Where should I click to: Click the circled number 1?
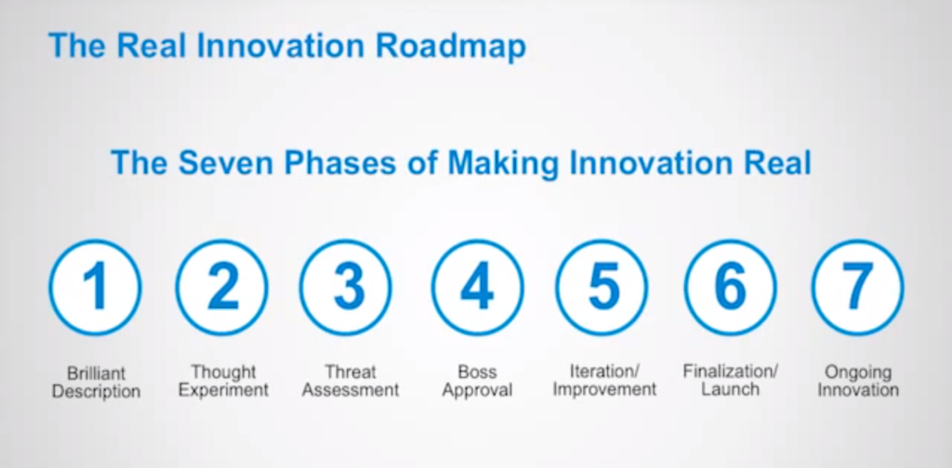(x=96, y=287)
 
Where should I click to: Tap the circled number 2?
(x=221, y=287)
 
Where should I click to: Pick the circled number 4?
(x=477, y=287)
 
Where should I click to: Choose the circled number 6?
(x=731, y=287)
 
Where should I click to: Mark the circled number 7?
(x=858, y=287)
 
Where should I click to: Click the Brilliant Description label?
(x=96, y=381)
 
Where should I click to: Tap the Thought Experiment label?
(x=223, y=381)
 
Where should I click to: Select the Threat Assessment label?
(x=350, y=381)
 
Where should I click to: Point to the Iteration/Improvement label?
(x=604, y=381)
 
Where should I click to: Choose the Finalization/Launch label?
(x=731, y=380)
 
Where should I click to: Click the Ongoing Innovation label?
(x=858, y=381)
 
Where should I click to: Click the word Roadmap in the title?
(x=450, y=47)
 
